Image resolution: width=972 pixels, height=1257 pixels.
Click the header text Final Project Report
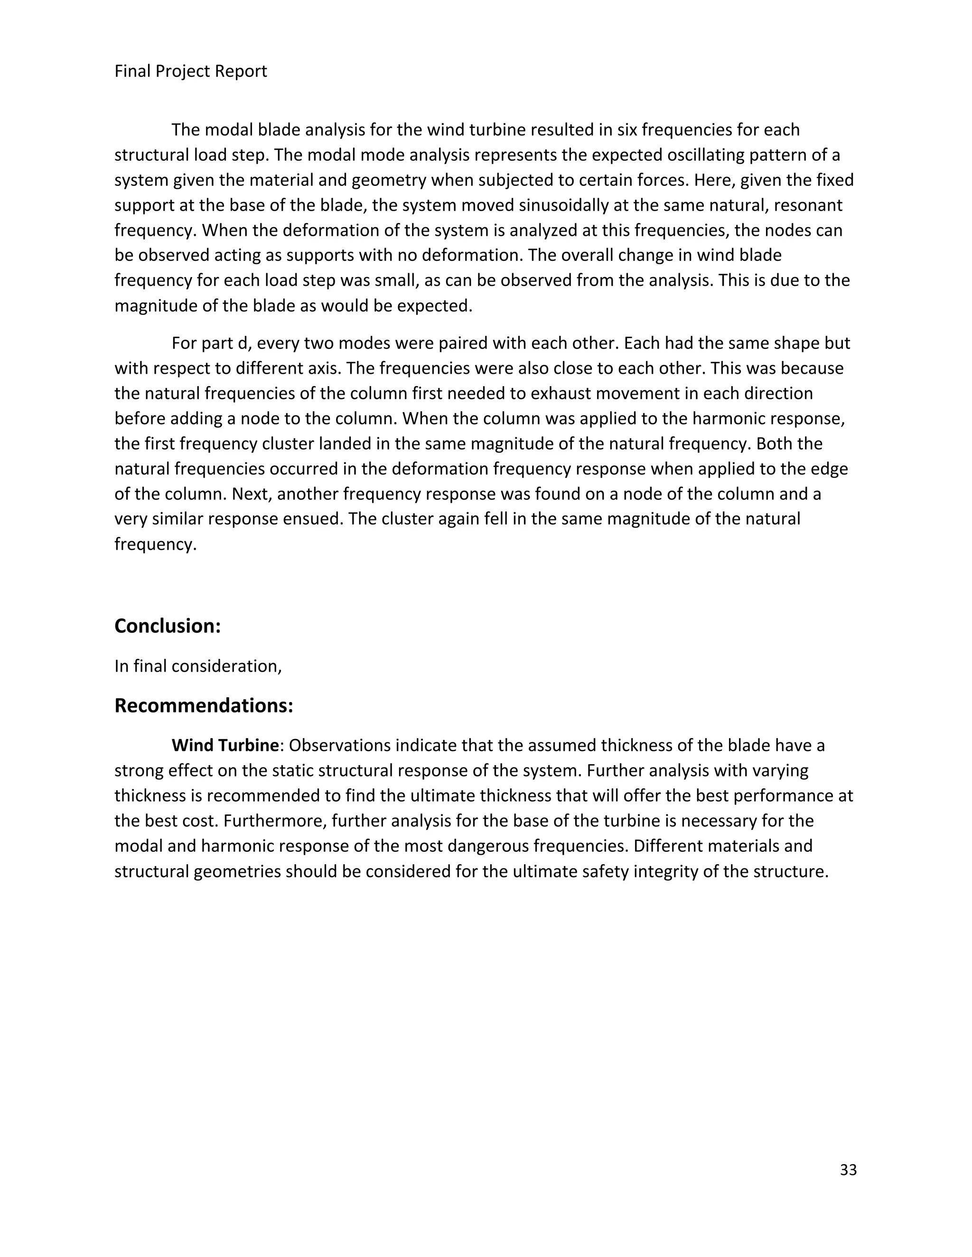coord(191,71)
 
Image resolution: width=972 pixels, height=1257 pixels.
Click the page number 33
coord(848,1170)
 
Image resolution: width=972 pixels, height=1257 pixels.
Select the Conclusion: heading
coord(168,626)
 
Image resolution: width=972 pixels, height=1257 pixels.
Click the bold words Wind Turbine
coord(225,745)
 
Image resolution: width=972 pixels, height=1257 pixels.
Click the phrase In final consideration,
coord(198,666)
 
